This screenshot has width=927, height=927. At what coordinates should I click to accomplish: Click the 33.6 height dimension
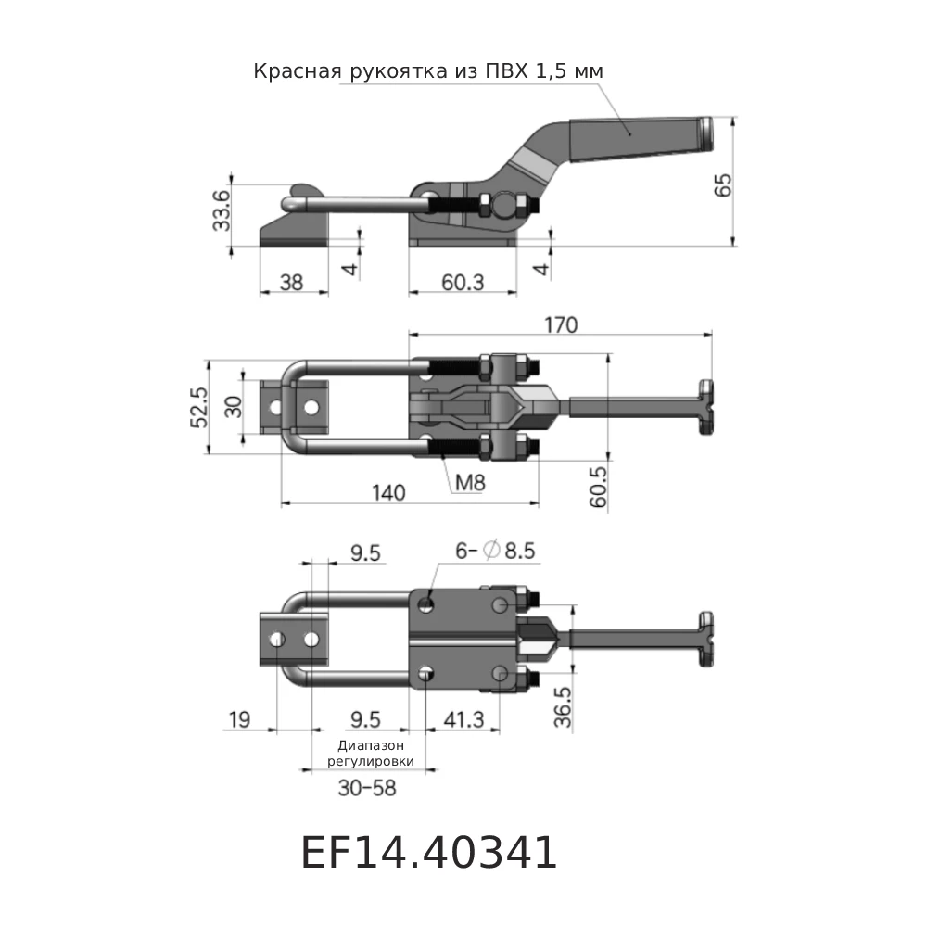[220, 210]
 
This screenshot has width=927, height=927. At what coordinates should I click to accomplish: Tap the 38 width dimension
[291, 283]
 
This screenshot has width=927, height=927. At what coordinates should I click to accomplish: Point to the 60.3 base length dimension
[463, 283]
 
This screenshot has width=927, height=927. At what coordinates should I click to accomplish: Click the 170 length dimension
[561, 324]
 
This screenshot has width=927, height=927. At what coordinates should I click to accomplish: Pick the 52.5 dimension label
[198, 408]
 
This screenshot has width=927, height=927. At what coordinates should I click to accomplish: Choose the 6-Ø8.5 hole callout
[494, 551]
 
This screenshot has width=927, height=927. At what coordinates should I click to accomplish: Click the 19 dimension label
[239, 719]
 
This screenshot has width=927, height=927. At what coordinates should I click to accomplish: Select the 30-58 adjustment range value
[367, 789]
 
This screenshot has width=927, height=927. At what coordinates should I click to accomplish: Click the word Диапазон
[371, 745]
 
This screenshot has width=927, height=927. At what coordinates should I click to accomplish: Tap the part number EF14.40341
[429, 853]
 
